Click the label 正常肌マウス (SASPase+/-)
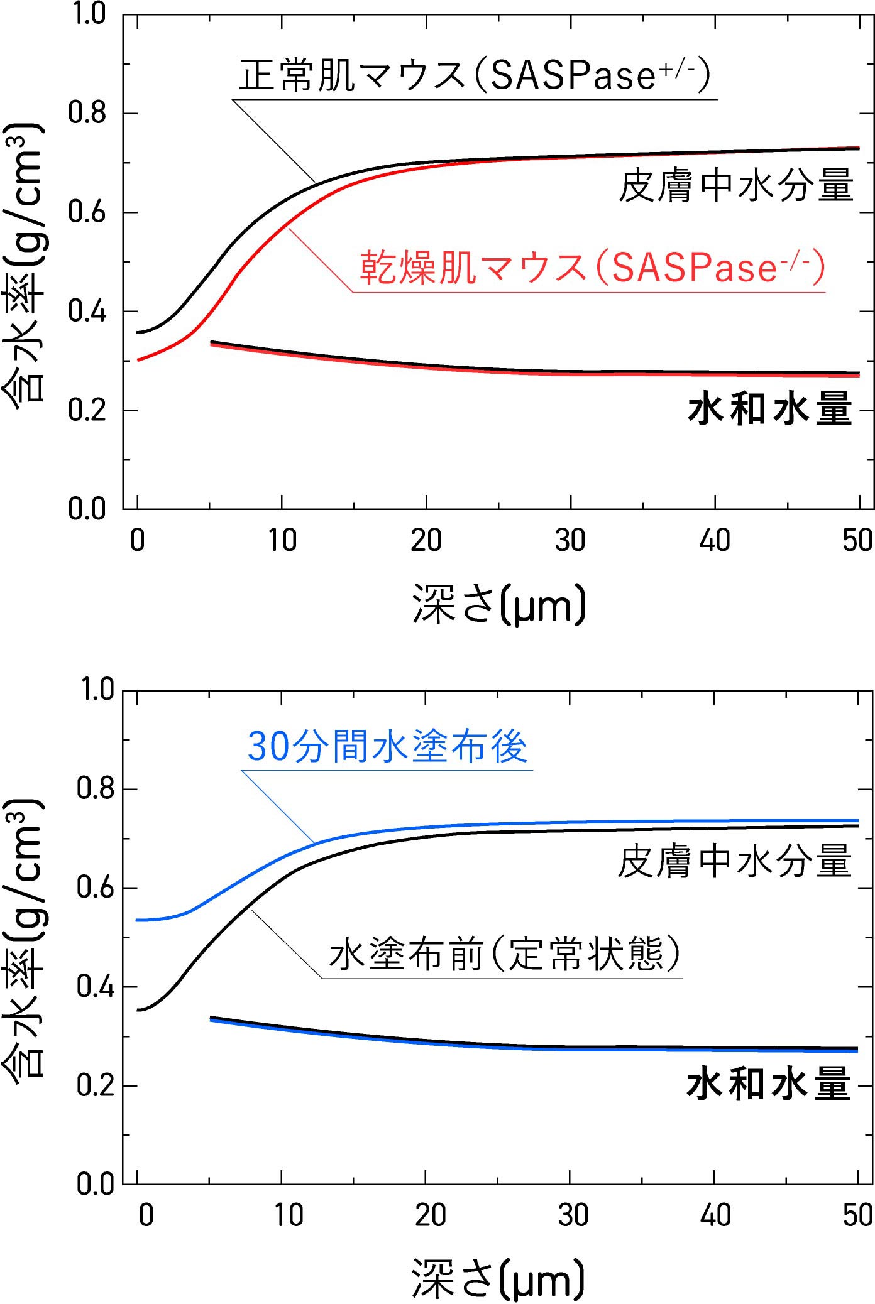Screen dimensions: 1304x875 click(x=475, y=75)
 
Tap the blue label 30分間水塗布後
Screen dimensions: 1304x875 click(x=387, y=747)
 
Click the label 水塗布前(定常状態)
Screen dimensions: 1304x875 click(x=504, y=954)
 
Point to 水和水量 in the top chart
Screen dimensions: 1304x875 click(x=770, y=409)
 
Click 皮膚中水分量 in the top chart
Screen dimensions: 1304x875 click(x=736, y=185)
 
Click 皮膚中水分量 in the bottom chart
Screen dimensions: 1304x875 click(x=735, y=861)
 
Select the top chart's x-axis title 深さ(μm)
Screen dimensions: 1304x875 click(x=499, y=604)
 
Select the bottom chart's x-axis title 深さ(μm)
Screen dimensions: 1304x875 click(x=498, y=1279)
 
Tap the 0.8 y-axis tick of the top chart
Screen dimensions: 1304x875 click(x=87, y=114)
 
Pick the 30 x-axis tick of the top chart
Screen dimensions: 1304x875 click(x=570, y=541)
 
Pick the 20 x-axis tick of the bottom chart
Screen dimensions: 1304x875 click(x=431, y=1216)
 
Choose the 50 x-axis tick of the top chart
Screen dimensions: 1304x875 click(x=858, y=541)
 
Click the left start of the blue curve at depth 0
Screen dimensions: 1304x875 click(x=139, y=920)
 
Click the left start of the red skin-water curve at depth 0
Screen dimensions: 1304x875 click(x=139, y=360)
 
